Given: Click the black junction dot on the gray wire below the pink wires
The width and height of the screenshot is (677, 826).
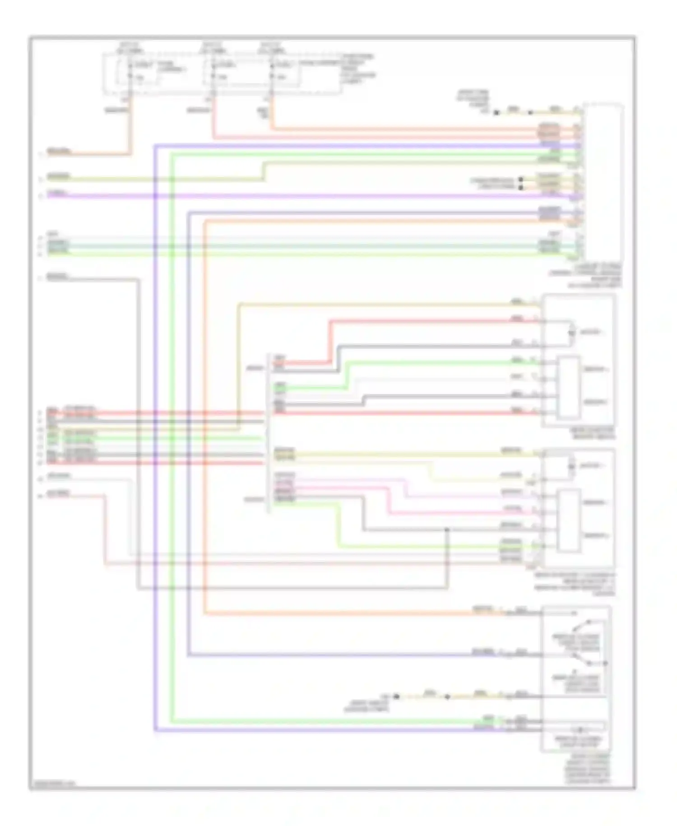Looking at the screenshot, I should click(x=447, y=529).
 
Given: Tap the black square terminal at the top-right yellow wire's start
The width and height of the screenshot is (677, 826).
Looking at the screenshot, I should click(x=496, y=112).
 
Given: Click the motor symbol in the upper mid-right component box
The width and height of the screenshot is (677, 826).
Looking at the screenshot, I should click(x=571, y=332).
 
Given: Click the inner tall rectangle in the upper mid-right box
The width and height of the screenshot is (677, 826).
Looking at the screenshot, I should click(x=568, y=387).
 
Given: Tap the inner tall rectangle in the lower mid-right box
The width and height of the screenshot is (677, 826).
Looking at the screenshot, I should click(x=568, y=521).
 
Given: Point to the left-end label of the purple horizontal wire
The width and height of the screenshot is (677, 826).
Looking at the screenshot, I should click(x=57, y=193).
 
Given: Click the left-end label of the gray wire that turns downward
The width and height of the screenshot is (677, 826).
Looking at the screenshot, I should click(x=57, y=276).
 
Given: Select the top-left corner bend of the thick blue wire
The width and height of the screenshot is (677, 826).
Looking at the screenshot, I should click(x=155, y=146).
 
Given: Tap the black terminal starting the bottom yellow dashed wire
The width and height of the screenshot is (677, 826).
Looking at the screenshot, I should click(x=396, y=696).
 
